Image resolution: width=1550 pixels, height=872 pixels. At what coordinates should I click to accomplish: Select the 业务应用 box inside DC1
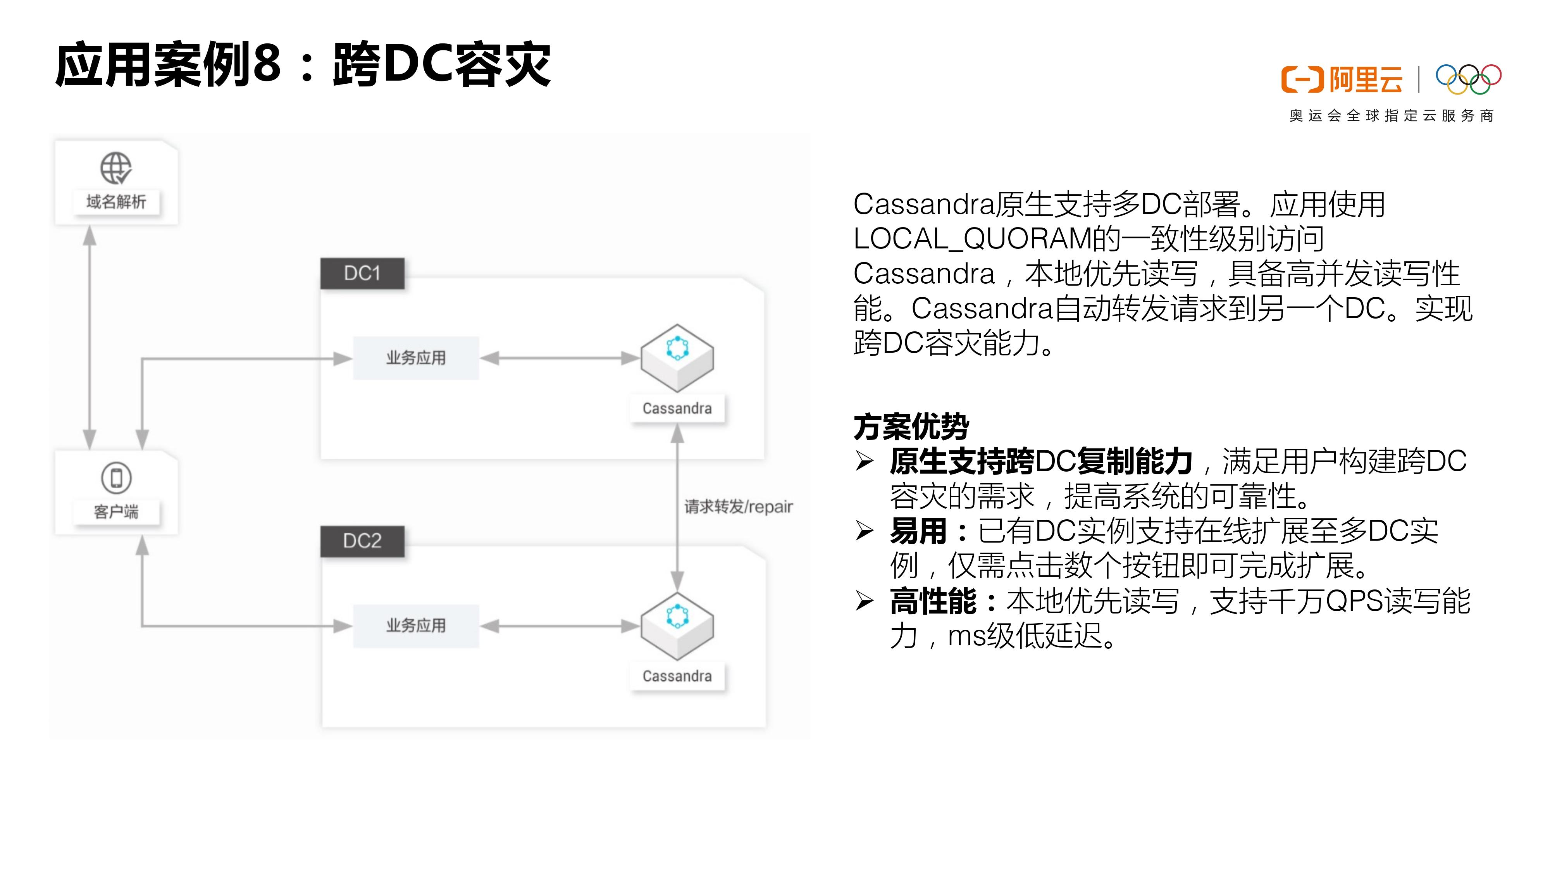click(416, 358)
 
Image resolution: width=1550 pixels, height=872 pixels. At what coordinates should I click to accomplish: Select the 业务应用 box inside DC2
click(416, 626)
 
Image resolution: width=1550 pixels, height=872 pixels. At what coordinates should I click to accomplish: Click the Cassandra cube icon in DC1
click(677, 357)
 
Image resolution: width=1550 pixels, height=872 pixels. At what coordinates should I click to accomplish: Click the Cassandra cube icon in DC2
click(677, 625)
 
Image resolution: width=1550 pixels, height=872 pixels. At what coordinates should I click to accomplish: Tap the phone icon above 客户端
click(116, 478)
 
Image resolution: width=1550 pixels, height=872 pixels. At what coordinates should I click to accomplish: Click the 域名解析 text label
click(116, 202)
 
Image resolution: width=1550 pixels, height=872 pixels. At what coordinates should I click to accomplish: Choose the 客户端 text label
click(116, 512)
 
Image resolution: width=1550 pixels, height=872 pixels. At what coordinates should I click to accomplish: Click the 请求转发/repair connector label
click(738, 507)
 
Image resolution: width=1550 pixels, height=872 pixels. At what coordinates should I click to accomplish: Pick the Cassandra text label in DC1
click(677, 408)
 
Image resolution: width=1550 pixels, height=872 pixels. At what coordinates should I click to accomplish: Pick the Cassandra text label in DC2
click(677, 676)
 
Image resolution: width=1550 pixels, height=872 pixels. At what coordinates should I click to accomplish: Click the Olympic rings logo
click(1468, 79)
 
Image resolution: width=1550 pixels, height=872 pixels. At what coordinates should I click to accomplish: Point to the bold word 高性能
click(933, 601)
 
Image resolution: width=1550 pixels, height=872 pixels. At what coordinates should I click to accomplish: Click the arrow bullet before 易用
click(865, 531)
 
